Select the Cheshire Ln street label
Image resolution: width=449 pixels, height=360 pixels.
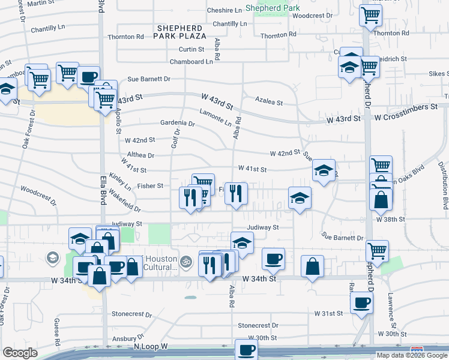[223, 10]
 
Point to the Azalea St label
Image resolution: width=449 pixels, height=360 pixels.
[268, 103]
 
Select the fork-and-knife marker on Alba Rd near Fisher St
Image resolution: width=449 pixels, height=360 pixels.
[236, 193]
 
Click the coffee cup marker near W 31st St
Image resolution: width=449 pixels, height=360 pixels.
[361, 303]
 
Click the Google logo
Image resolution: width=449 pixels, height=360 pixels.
[20, 353]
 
